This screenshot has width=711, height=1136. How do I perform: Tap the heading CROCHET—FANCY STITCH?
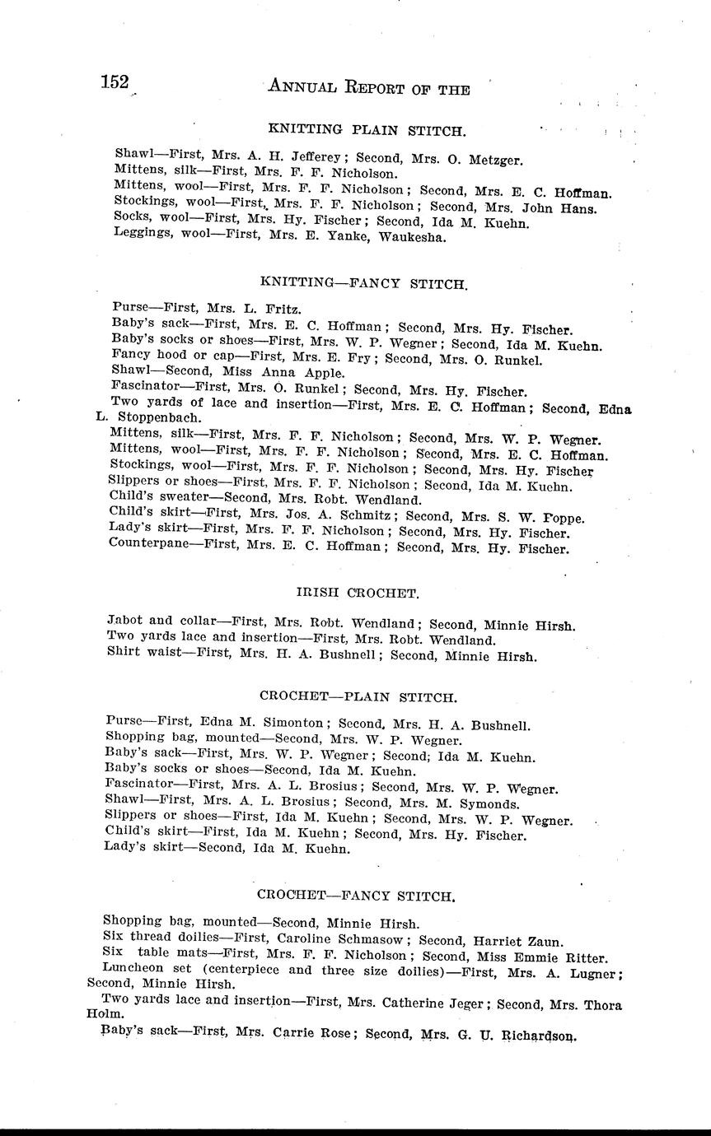point(356,895)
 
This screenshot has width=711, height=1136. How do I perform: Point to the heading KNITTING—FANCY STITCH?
point(364,283)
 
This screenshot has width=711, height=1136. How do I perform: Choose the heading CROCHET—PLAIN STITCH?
point(358,697)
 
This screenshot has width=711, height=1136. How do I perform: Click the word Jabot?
point(125,624)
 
